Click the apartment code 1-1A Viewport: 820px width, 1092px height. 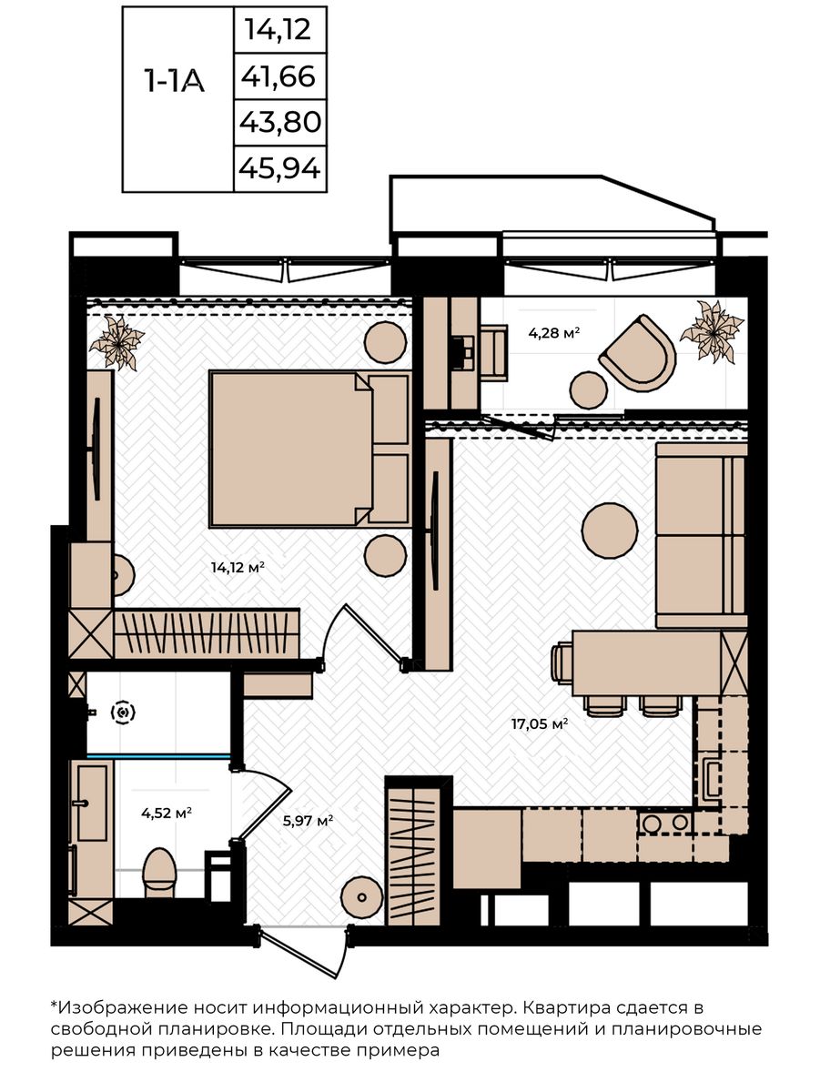174,81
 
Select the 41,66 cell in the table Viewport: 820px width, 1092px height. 278,76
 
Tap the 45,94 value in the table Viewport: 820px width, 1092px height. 279,168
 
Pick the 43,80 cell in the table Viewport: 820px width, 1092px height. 279,122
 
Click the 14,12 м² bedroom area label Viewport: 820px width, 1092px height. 238,568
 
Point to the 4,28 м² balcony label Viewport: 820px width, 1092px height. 554,333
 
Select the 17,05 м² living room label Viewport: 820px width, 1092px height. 540,723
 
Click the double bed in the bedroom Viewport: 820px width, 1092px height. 309,449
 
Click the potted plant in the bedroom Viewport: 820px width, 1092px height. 116,342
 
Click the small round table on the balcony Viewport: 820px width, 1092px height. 589,390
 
